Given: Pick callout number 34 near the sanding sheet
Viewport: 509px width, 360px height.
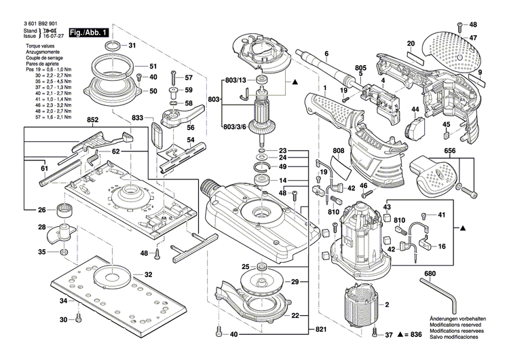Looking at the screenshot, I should coord(63,300).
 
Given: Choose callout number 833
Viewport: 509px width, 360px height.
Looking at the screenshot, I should coord(138,118).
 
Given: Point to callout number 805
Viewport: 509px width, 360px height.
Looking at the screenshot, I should coord(360,67).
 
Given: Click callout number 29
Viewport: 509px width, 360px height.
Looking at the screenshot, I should coord(295,281).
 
